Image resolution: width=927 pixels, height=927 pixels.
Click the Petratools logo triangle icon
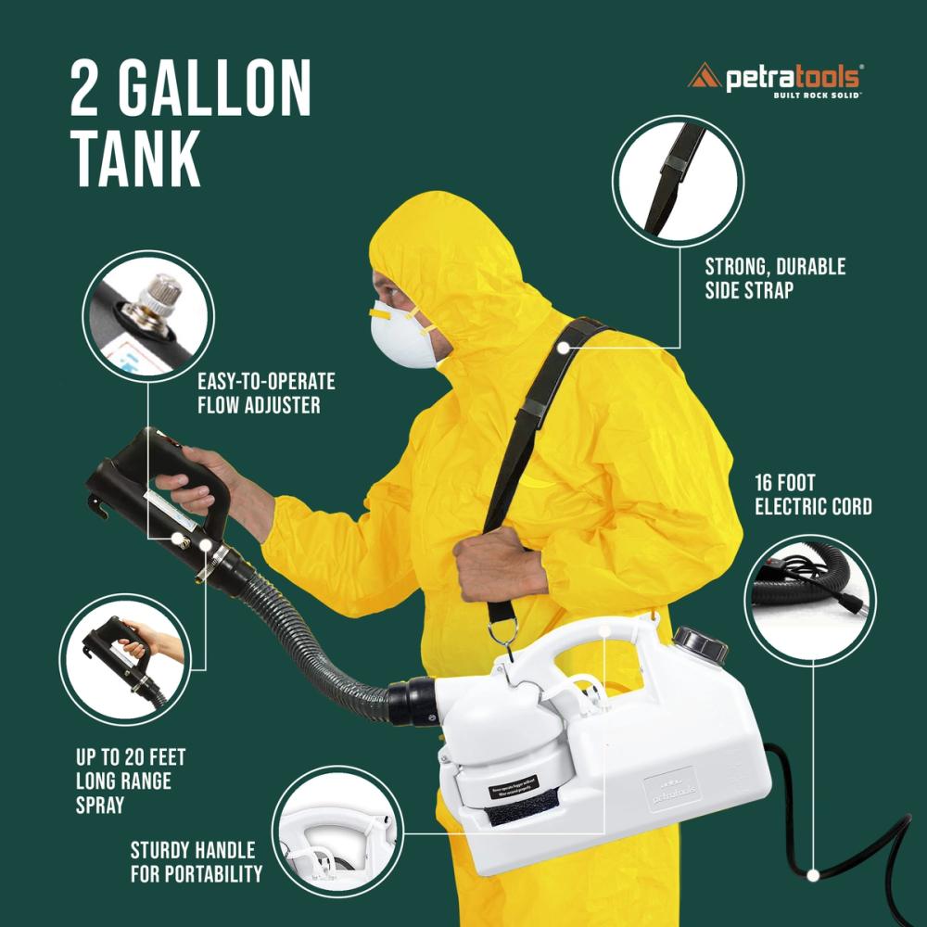pos(704,77)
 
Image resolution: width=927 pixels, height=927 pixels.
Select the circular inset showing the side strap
pos(679,180)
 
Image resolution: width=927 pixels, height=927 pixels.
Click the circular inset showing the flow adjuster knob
pos(148,316)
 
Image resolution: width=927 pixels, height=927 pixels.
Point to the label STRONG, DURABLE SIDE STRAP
pos(775,278)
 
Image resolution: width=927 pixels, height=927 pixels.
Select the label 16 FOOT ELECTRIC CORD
pos(813,495)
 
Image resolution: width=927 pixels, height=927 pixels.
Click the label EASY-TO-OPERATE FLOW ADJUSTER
pos(266,393)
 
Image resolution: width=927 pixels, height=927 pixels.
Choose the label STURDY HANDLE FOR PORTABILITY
pos(197,862)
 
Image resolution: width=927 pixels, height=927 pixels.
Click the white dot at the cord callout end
pos(813,874)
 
